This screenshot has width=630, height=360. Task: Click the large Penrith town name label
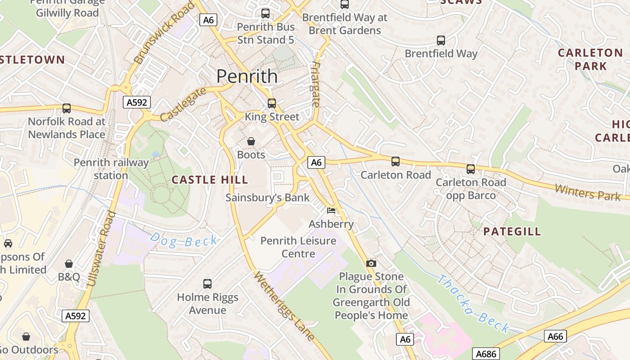point(247,76)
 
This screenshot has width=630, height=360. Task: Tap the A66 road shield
point(555,336)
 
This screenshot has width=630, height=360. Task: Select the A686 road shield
point(486,354)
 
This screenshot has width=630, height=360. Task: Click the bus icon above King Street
point(272,103)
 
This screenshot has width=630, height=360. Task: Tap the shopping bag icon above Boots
point(251,141)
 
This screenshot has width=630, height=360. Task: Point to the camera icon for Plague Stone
point(371,263)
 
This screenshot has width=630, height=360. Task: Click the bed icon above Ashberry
point(331,211)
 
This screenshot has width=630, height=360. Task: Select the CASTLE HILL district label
point(210,180)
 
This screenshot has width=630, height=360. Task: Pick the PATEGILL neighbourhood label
point(512,232)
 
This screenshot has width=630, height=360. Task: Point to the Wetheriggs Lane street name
point(284,306)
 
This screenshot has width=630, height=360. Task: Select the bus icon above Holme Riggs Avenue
point(207,284)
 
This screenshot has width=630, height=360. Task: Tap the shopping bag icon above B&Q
point(69,263)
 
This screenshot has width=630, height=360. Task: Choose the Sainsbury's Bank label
point(267,198)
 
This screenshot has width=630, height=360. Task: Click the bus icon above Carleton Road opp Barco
point(471,169)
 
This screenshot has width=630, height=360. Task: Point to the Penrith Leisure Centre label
point(298,247)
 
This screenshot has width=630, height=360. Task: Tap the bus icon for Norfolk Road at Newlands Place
point(67,108)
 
